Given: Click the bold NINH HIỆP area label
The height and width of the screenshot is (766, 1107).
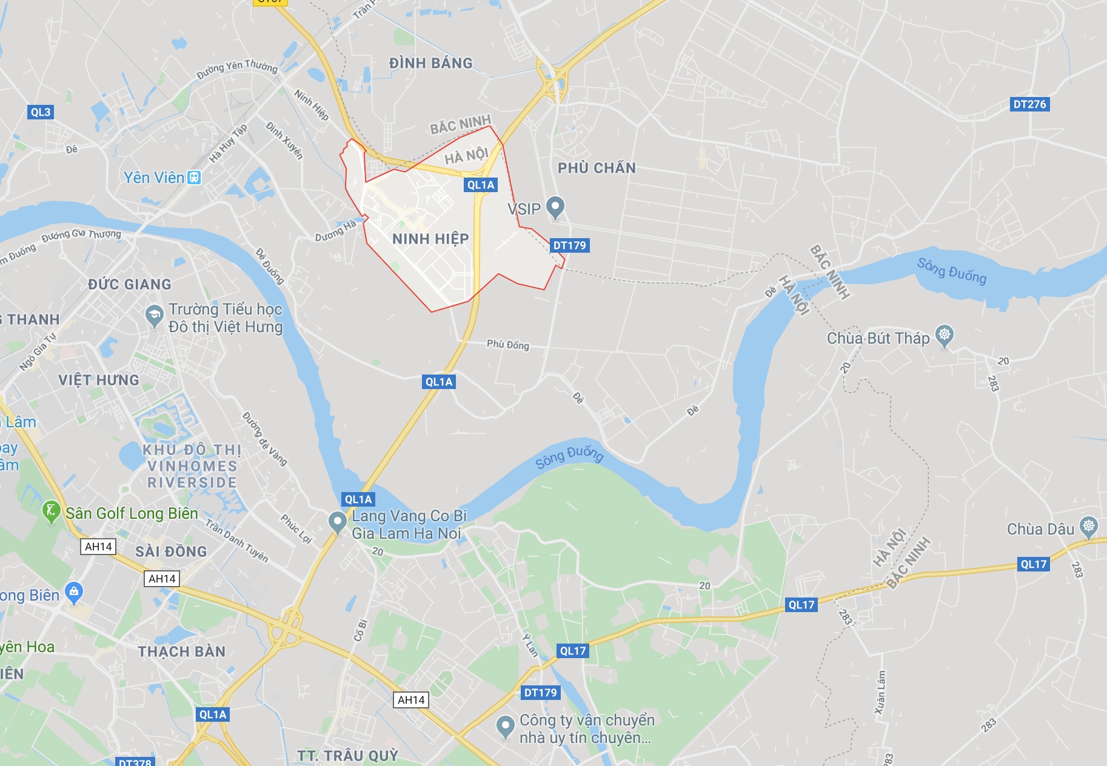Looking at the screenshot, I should pos(430,239).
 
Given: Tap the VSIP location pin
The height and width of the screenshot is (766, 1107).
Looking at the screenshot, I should pos(555,208).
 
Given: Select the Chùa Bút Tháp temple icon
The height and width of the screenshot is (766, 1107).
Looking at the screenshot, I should pos(944,335).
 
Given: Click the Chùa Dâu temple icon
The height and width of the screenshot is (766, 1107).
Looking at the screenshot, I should pos(1089,527).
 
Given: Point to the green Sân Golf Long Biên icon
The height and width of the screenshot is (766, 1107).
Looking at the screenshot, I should pos(51,511).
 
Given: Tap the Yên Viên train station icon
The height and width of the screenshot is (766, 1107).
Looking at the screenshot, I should pos(194,178).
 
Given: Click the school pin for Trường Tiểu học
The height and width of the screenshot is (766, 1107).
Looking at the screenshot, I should pos(155,315).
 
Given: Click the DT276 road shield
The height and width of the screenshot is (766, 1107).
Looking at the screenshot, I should pos(1029,104).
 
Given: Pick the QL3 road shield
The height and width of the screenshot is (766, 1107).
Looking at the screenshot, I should pos(41,112).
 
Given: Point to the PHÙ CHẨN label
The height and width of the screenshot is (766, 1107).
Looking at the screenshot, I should pos(597,168).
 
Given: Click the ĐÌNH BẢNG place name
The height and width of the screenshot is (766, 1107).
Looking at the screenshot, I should pos(430,63).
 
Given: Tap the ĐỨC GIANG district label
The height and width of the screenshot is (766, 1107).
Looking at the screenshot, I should pos(129,284).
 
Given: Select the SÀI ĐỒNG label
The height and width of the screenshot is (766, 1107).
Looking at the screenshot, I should pos(171,551).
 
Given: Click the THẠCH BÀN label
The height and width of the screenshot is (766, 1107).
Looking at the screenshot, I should pos(181,651).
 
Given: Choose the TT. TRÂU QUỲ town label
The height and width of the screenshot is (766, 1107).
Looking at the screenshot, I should pos(347,755).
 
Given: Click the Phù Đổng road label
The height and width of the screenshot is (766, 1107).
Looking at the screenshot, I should pos(508,345).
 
